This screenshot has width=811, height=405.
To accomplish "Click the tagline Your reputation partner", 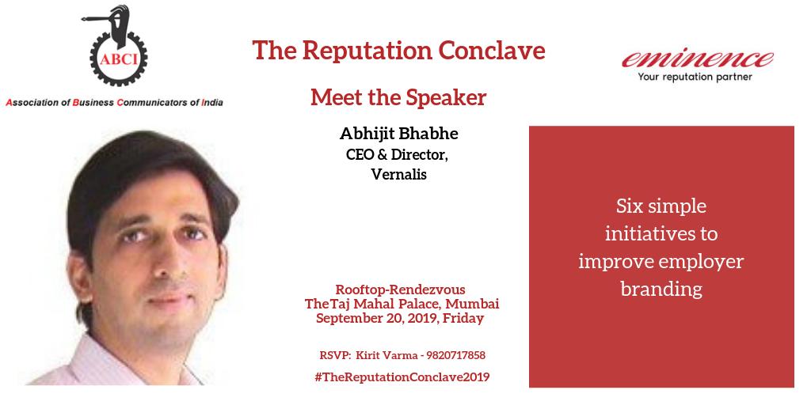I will point(695,78).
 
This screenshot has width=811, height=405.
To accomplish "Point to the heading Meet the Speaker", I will point(398,97).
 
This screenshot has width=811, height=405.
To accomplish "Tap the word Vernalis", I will point(398,175).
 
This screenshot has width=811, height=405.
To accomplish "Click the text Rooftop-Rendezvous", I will point(400,290).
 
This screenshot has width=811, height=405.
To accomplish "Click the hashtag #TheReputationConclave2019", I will point(402,377).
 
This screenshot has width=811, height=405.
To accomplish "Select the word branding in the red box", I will point(661,289).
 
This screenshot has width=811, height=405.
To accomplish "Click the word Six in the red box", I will point(630,208).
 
